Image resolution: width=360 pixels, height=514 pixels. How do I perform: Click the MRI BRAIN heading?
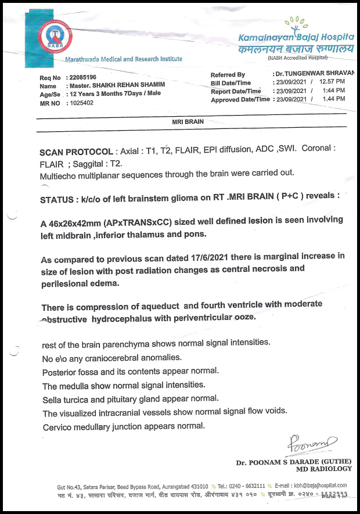point(186,124)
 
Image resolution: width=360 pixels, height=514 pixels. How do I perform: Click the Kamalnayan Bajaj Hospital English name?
point(296,37)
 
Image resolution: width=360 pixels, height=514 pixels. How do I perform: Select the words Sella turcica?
point(66,399)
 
